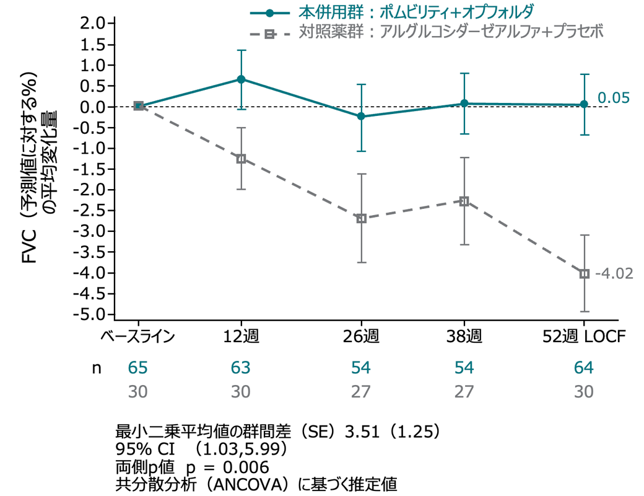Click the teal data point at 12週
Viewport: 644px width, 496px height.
[x=241, y=79]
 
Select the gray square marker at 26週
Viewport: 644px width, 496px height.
[x=362, y=218]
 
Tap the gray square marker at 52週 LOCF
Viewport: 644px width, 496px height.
[x=584, y=273]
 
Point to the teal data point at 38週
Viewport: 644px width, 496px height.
[x=464, y=104]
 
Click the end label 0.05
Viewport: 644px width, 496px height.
[x=613, y=98]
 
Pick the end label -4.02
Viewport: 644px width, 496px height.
[x=614, y=273]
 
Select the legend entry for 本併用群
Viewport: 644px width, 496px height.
[x=390, y=12]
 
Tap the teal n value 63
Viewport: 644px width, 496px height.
[x=241, y=368]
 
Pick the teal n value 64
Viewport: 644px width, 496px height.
[x=584, y=368]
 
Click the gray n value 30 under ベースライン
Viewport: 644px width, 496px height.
[x=138, y=392]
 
